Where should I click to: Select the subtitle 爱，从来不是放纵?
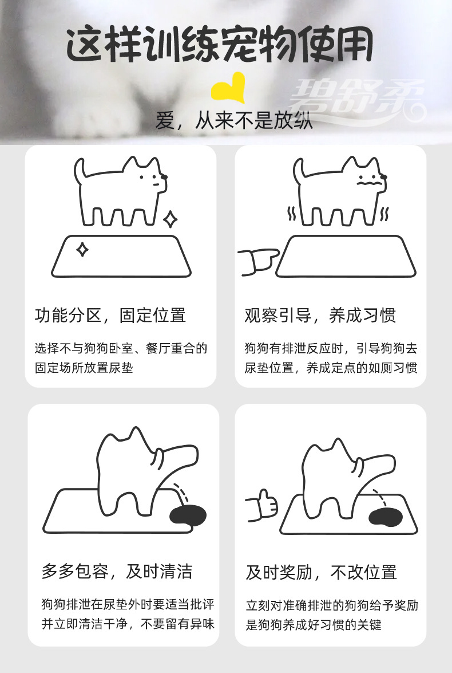234,121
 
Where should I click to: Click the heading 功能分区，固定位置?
110,315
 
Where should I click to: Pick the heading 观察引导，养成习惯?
320,315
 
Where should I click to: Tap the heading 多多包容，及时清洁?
117,571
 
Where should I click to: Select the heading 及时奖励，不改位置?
321,572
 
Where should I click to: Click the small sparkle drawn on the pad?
82,250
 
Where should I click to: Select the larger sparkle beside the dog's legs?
169,219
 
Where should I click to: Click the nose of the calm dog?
165,177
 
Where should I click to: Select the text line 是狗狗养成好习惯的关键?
314,624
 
